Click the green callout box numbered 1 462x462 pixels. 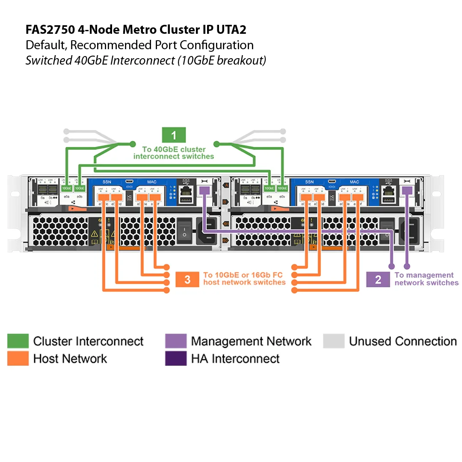174,136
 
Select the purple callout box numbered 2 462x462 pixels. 378,280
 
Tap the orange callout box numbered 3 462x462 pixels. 187,280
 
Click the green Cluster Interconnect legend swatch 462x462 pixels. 18,341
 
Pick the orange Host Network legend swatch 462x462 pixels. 18,358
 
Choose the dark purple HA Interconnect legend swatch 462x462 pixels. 176,358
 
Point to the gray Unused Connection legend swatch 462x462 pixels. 334,341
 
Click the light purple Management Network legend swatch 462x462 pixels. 176,341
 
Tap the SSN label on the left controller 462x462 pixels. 107,182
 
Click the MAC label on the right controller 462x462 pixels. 354,182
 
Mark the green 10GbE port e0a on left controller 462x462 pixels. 66,188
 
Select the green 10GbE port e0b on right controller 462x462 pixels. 282,188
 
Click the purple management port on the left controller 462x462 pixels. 204,190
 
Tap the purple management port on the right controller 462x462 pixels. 407,190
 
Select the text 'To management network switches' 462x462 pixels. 425,279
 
